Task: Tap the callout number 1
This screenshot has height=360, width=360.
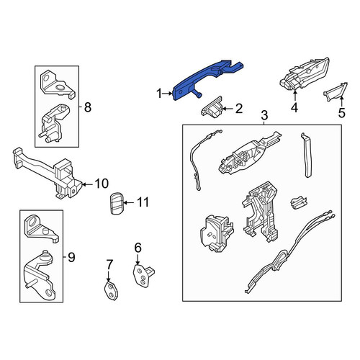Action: tap(159, 94)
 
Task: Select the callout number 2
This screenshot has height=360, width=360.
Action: tap(239, 109)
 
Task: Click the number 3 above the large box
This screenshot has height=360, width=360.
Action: tap(264, 115)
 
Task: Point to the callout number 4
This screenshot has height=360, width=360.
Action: tap(294, 107)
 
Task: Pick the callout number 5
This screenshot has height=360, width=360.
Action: tap(341, 113)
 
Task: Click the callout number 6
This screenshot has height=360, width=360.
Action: tap(138, 248)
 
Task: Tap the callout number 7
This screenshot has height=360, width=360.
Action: tap(109, 265)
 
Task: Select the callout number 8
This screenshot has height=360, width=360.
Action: tap(88, 107)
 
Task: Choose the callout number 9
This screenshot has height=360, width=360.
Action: tap(71, 258)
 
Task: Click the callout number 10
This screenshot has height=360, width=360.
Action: tap(102, 184)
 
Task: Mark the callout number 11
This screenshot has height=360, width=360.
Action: tap(143, 202)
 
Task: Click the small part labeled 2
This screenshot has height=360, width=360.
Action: tap(212, 107)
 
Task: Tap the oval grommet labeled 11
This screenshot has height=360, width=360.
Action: tap(117, 203)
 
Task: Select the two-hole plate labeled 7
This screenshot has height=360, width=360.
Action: tap(111, 291)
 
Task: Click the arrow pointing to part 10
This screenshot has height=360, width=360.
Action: tap(88, 184)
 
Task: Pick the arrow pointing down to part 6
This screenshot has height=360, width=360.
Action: tap(138, 259)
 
